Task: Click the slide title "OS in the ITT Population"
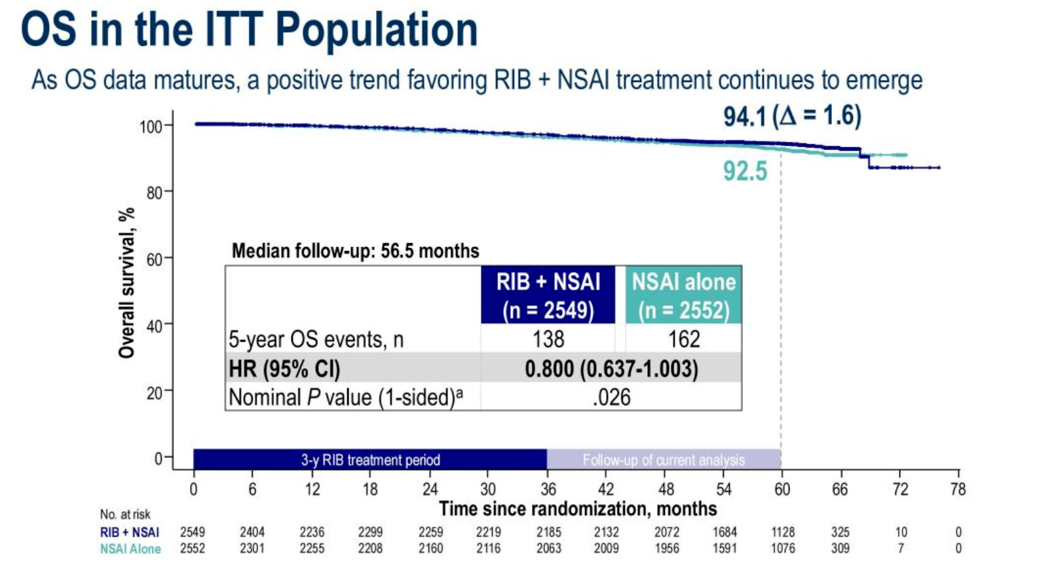tap(249, 30)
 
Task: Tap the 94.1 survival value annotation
tap(744, 117)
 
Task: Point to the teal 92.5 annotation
tap(745, 171)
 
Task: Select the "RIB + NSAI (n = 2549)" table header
tap(548, 295)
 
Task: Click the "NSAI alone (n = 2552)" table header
tap(683, 295)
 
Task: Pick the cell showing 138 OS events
tap(548, 339)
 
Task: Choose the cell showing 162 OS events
tap(683, 339)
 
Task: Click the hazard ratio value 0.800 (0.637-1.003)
tap(611, 369)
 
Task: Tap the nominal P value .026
tap(611, 397)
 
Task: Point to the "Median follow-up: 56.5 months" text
tap(355, 251)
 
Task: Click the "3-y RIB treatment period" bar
tap(370, 459)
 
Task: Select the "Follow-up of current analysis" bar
tap(663, 459)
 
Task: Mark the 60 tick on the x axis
tap(782, 489)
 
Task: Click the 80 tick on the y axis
tap(155, 193)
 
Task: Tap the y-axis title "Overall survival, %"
tap(126, 283)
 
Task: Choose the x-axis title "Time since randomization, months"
tap(577, 509)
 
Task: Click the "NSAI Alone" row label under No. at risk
tap(130, 549)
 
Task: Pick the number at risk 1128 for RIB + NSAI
tap(782, 532)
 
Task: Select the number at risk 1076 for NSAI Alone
tap(782, 548)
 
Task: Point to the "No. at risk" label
tap(125, 514)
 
